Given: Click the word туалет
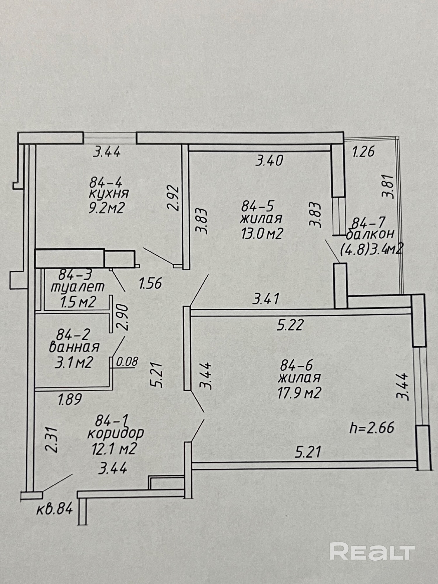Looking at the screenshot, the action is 78,287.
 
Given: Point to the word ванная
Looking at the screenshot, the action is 74,347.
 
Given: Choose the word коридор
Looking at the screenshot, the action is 116,433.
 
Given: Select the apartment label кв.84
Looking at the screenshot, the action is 55,509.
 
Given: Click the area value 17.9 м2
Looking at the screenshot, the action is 299,393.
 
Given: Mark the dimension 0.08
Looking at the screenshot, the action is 127,362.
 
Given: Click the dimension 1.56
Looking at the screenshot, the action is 150,283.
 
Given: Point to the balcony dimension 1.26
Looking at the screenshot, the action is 363,152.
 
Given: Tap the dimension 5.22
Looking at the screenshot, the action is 290,324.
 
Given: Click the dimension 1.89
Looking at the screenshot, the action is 70,399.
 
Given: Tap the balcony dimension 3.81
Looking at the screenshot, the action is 390,186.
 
